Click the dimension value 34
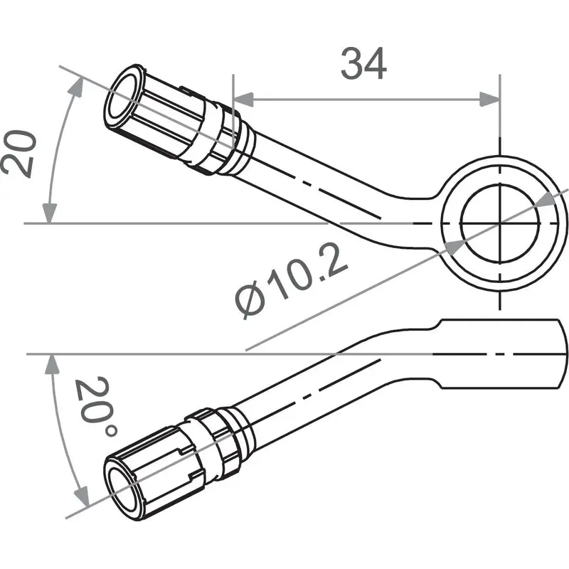tap(363, 65)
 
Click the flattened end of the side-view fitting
tap(498, 353)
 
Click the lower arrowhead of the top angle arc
tap(49, 213)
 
